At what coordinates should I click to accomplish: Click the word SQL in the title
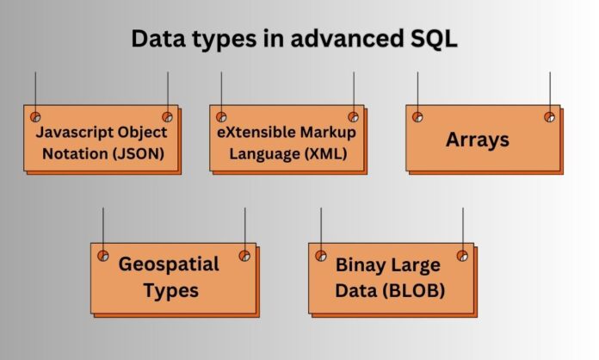tap(438, 39)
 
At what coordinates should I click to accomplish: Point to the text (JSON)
tap(139, 156)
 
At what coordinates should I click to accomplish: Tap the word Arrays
tap(477, 139)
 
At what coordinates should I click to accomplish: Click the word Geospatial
tap(169, 264)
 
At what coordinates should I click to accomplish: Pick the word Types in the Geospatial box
tap(171, 290)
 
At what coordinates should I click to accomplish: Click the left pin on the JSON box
tap(35, 116)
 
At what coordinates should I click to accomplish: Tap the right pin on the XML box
tap(353, 116)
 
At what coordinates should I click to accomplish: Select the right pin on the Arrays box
tap(549, 116)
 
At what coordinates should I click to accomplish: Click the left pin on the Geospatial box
tap(102, 255)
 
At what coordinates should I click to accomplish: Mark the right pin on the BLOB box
tap(462, 255)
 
